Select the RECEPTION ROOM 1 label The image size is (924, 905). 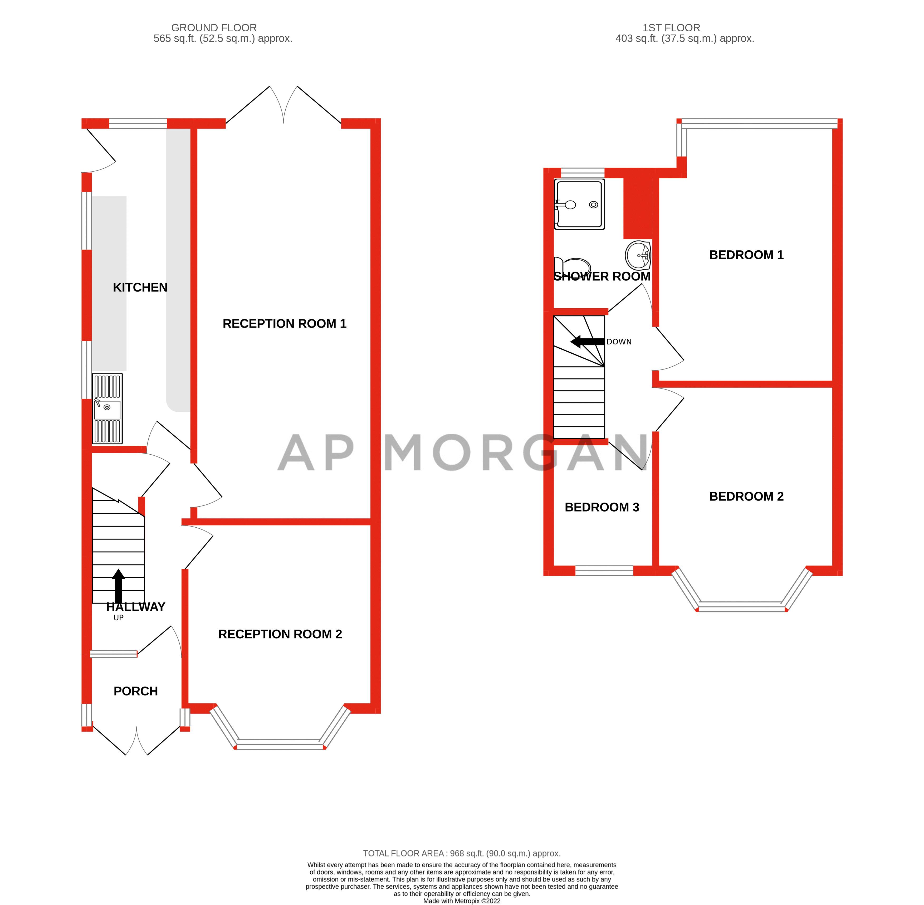[284, 324]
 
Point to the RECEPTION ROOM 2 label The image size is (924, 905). [280, 634]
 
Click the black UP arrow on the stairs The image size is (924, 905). [118, 586]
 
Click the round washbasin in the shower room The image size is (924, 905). [637, 255]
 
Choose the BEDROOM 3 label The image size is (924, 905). [602, 507]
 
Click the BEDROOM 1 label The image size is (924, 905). [746, 255]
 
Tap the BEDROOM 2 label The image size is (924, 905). [746, 496]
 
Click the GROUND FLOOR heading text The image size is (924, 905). [214, 28]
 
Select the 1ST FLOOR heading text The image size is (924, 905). [671, 28]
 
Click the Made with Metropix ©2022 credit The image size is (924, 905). [462, 901]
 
